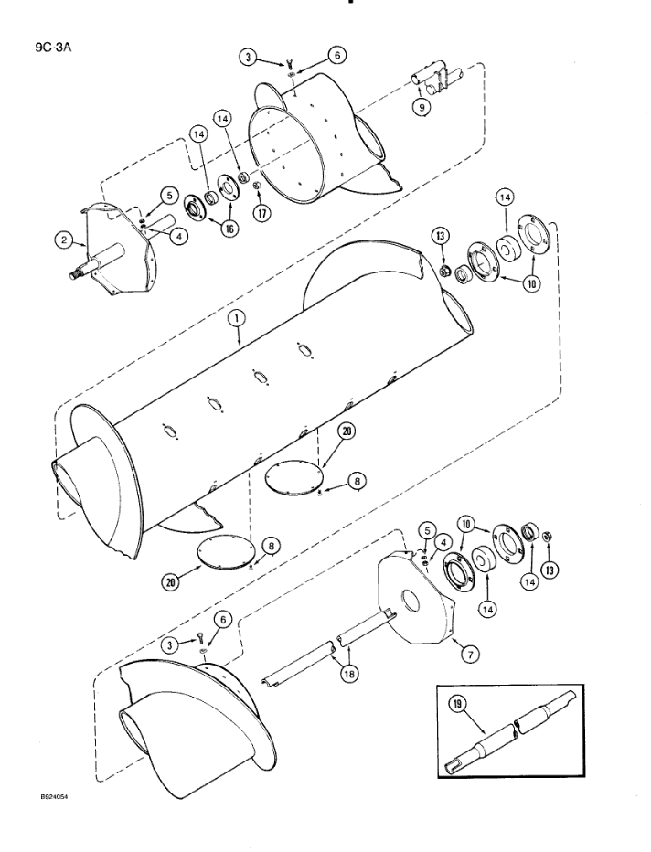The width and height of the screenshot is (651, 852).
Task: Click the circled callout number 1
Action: pos(236,320)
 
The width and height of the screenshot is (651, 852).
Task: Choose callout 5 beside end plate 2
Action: pos(143,194)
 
